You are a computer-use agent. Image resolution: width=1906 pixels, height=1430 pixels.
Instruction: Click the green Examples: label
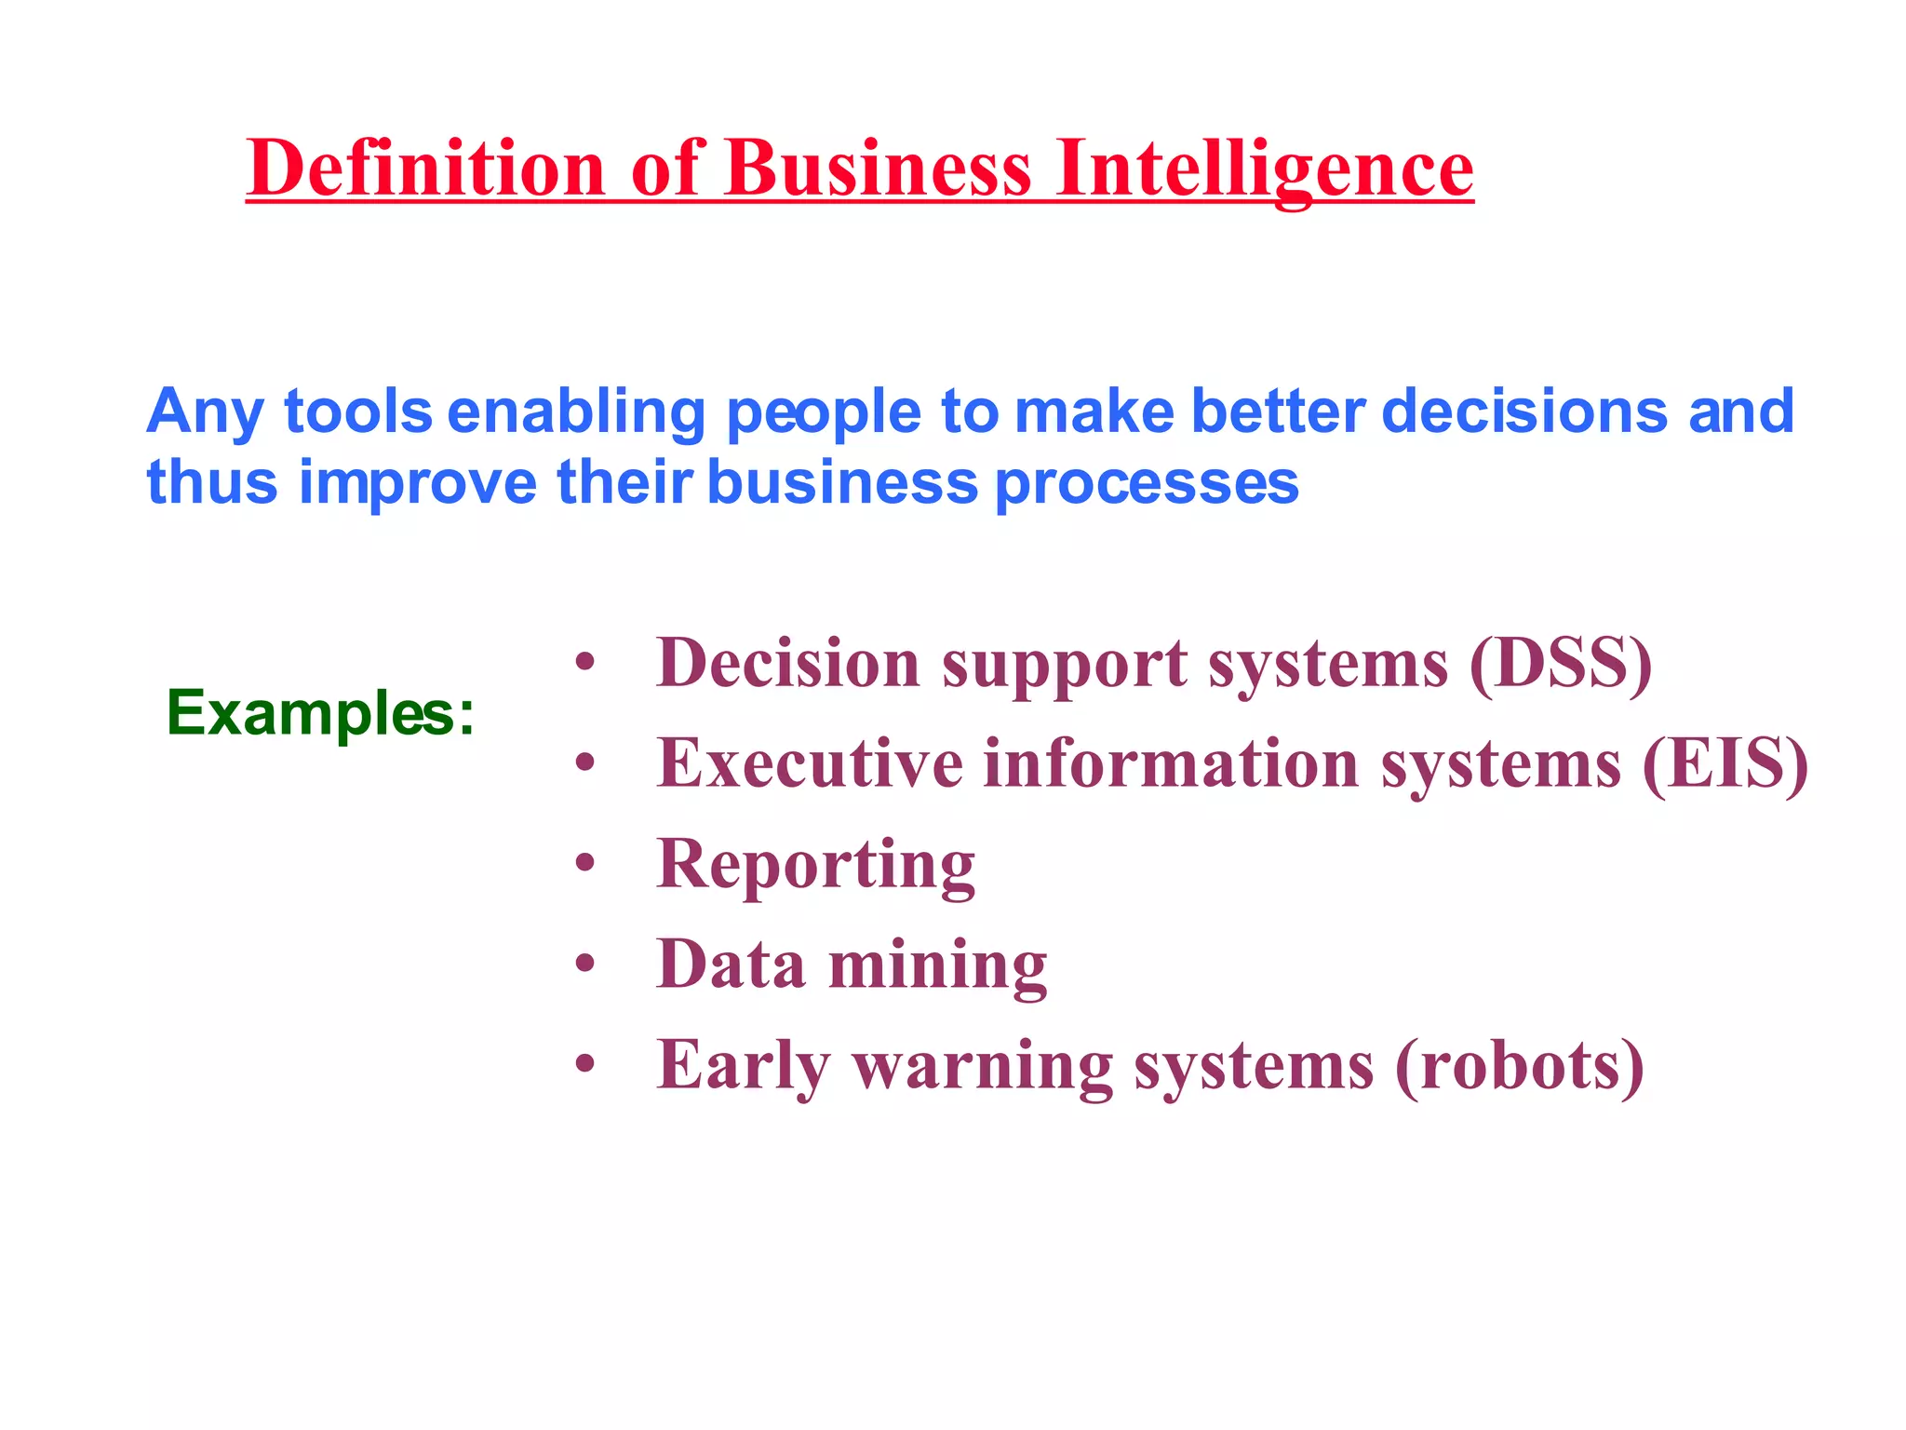click(320, 714)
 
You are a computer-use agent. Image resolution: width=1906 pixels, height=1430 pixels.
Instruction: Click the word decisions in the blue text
click(1523, 411)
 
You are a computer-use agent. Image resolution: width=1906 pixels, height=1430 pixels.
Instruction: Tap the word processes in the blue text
click(1147, 483)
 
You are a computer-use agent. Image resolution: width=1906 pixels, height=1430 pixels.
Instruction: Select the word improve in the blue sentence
click(418, 483)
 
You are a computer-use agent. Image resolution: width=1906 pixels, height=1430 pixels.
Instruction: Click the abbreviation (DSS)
click(1561, 664)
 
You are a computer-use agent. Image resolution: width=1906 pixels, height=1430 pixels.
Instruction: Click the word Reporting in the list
click(815, 865)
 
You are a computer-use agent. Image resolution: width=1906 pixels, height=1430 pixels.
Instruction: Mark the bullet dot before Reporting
click(584, 864)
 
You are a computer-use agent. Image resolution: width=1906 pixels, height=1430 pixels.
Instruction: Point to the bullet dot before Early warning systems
click(584, 1064)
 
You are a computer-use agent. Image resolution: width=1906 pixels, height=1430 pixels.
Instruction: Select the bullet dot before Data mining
click(584, 964)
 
